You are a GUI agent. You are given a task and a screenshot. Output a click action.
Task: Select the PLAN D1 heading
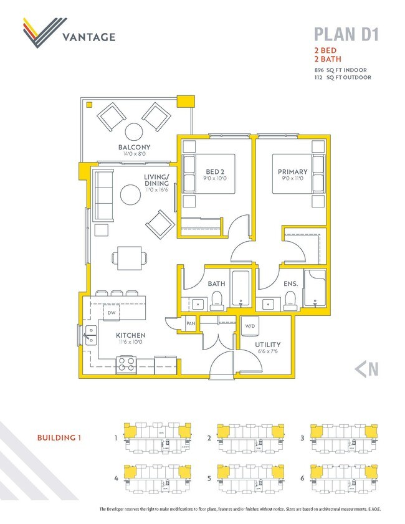[x=346, y=34]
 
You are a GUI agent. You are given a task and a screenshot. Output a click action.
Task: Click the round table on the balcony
[x=135, y=131]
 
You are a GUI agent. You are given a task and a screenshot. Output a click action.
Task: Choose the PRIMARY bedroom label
[x=293, y=172]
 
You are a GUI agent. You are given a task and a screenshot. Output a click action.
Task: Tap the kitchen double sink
[x=91, y=335]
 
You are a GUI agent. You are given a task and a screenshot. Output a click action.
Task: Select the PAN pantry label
[x=191, y=324]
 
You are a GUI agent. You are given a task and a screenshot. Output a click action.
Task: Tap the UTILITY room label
[x=267, y=344]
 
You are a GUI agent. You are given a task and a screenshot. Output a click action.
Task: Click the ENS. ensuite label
[x=290, y=283]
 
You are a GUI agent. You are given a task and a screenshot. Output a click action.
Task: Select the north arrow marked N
[x=366, y=369]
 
